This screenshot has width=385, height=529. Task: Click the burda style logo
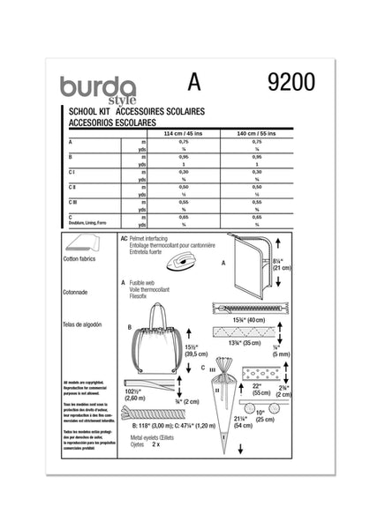pyautogui.click(x=97, y=89)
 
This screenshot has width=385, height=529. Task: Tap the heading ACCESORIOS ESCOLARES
pyautogui.click(x=102, y=123)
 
